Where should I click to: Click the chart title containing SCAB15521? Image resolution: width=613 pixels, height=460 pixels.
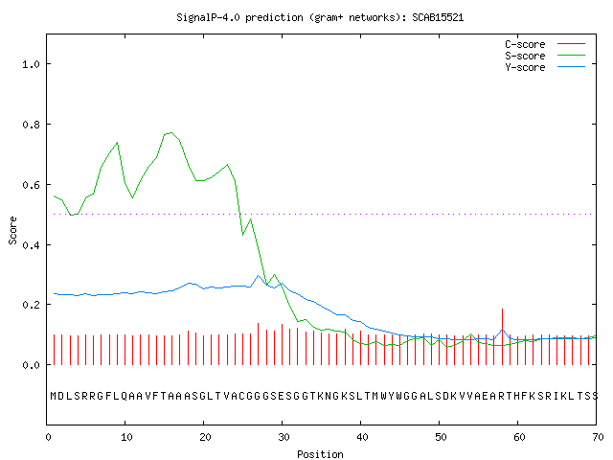pos(320,17)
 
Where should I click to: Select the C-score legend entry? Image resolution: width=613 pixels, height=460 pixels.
pos(545,44)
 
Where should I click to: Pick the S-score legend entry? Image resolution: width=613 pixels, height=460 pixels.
pos(545,56)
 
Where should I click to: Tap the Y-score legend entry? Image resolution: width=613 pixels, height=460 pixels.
pos(545,67)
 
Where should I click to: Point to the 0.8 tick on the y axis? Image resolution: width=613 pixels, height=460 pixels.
pos(32,125)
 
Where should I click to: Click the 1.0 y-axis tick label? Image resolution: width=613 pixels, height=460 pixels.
pos(32,64)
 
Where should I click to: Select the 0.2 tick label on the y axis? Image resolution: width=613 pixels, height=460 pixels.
pos(32,305)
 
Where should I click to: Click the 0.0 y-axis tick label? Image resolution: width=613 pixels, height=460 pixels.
pos(32,365)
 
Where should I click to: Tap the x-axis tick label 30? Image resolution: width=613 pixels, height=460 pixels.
pos(284,437)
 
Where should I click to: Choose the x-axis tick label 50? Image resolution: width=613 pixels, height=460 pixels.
pos(441,437)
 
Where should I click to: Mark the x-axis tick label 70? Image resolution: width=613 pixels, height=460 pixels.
pos(598,437)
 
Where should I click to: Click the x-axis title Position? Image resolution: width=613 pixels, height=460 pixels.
pos(320,454)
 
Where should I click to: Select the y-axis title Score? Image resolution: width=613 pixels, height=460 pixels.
pos(12,230)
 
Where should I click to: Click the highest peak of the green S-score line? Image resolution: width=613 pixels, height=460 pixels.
pos(170,132)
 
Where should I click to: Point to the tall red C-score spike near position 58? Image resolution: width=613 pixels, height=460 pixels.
pos(502,336)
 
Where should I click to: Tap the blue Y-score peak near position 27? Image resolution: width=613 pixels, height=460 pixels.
pos(258,276)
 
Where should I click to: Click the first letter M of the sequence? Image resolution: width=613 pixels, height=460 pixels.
pos(54,396)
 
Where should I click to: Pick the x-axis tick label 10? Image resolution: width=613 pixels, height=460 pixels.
pos(126,437)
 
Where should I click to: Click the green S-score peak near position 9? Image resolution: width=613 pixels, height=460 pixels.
pos(117,143)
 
